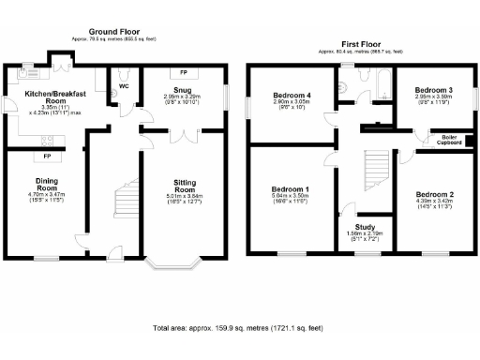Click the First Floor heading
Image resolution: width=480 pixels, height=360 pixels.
coord(361,42)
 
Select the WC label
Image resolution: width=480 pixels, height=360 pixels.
coord(123,88)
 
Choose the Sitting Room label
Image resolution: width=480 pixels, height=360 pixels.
coord(185,185)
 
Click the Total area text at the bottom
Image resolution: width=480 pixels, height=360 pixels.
coord(238,329)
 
